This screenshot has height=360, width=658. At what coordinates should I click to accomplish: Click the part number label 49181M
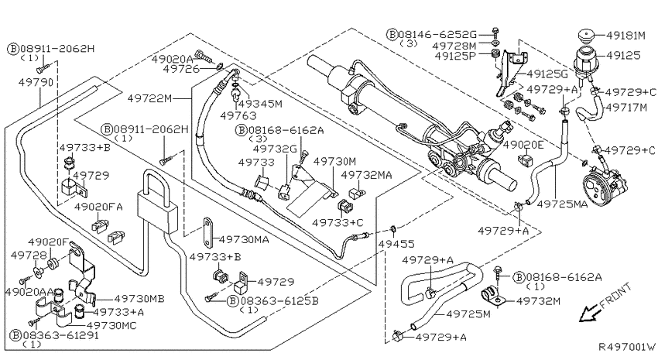625,36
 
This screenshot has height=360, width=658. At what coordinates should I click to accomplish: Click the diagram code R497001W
627,347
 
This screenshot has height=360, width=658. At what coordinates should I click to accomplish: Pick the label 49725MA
562,204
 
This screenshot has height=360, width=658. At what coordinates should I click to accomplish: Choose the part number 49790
36,82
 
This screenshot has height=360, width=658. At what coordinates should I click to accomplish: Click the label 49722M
149,98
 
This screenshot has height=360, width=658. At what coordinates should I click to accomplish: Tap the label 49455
396,243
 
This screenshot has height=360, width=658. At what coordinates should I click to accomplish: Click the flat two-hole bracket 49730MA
208,232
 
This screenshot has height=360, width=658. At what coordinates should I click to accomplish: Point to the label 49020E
523,146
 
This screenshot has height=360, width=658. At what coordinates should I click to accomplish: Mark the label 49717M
625,108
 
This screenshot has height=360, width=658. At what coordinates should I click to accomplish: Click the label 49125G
547,74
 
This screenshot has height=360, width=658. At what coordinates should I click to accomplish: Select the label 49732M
538,301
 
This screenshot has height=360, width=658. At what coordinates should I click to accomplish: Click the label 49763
238,115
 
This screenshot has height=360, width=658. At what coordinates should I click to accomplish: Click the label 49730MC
111,325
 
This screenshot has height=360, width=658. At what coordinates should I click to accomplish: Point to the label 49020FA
98,207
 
